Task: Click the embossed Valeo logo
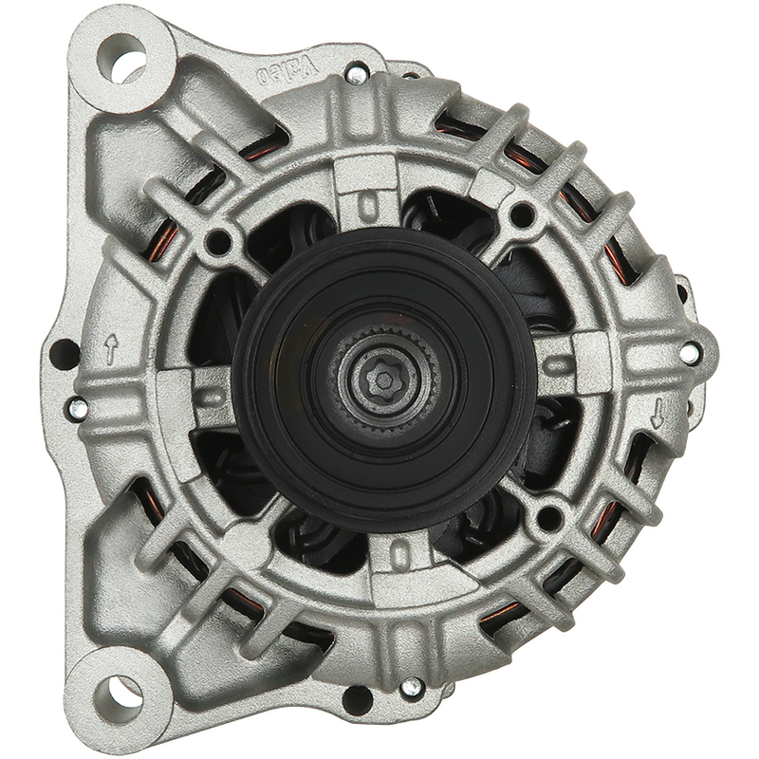point(286,68)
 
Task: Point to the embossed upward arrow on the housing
point(111,348)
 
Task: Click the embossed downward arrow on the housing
point(657,413)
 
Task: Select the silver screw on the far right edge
point(690,353)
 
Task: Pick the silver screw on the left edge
point(78,407)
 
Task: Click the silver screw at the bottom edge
point(412,686)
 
